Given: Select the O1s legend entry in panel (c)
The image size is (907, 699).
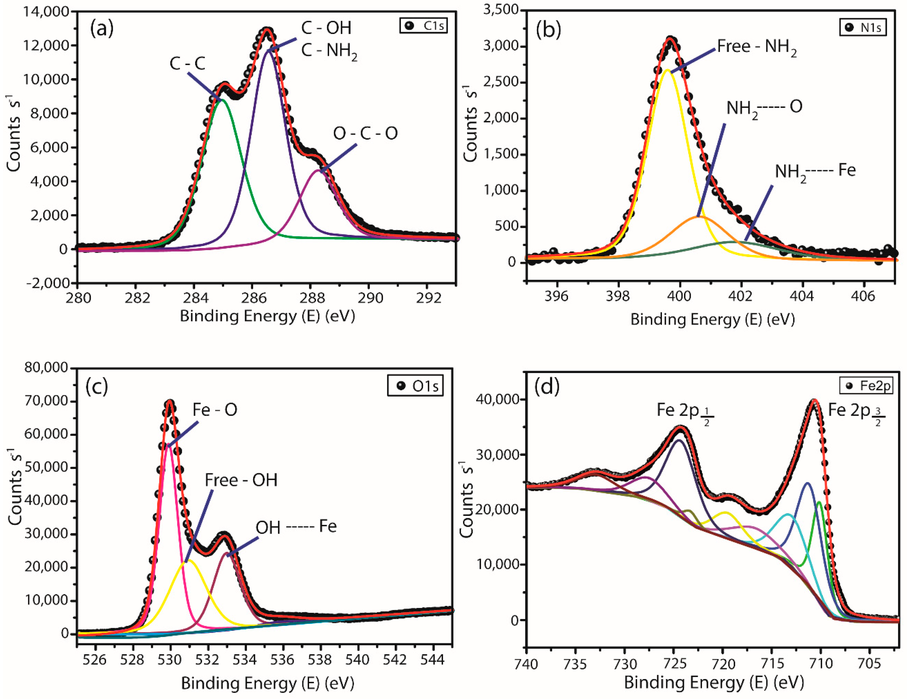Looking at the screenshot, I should [415, 386].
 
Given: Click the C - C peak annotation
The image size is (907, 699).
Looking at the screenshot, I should [187, 63].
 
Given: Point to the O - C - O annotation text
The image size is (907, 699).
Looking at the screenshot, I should [365, 133].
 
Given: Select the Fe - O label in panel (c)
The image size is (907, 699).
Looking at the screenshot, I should [215, 410].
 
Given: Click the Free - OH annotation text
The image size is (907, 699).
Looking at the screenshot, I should [241, 480].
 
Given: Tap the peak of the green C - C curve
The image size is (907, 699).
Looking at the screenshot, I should [222, 100].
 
